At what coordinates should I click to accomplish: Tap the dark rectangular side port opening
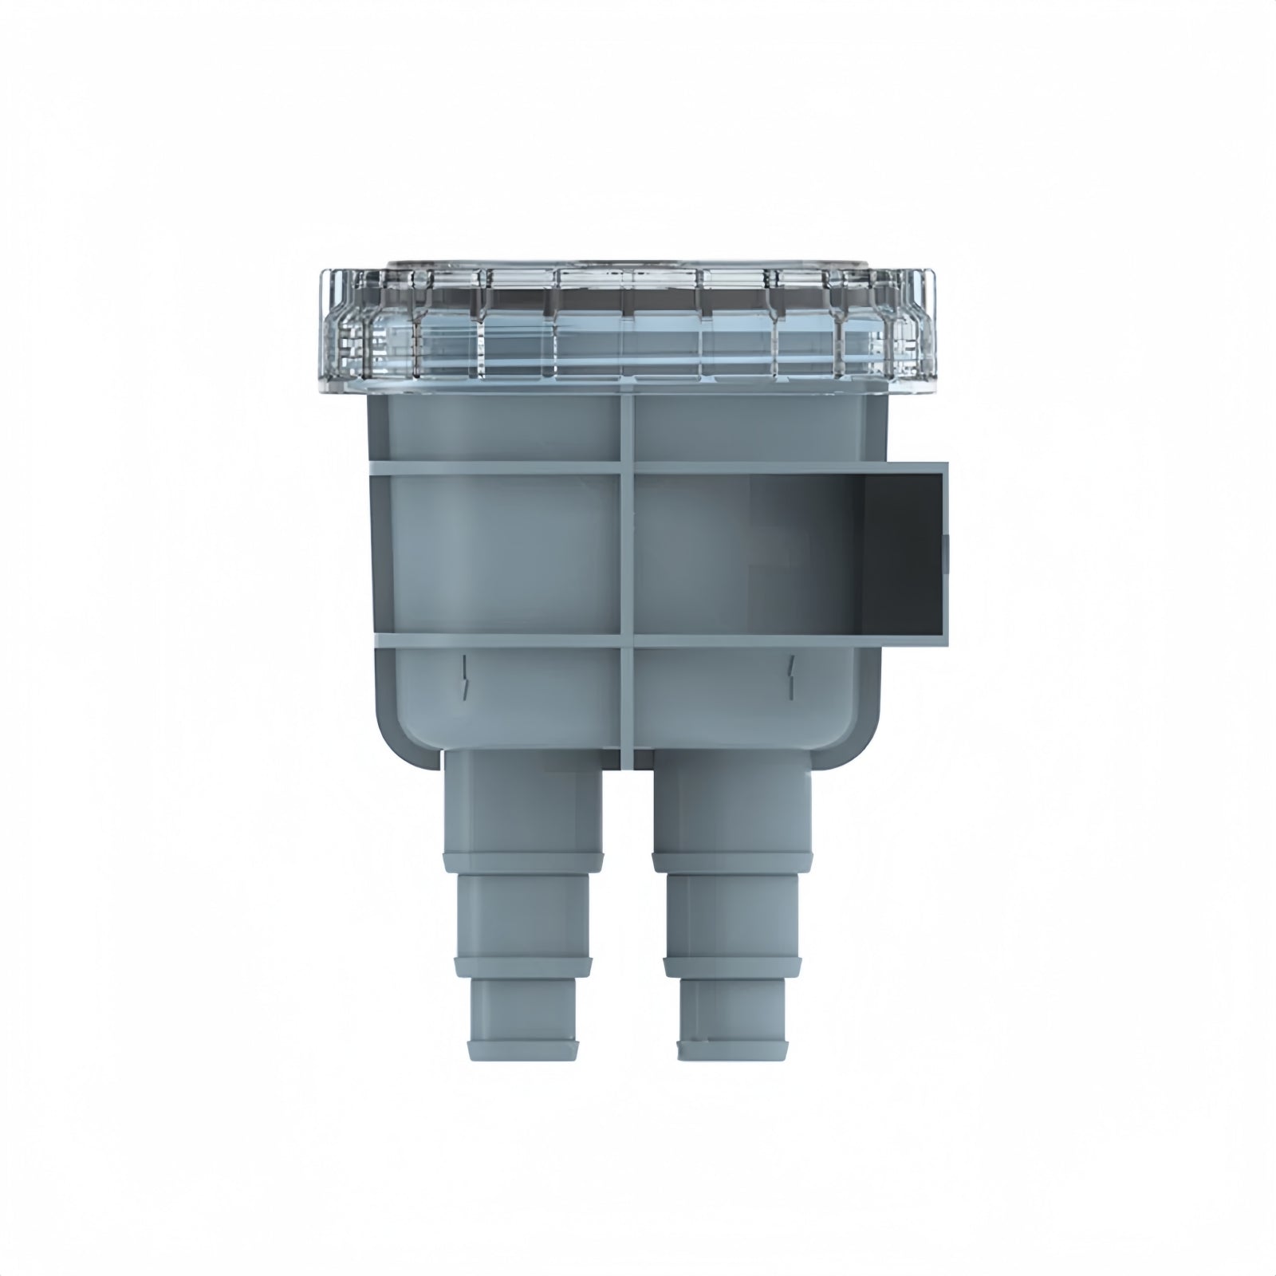[x=905, y=554]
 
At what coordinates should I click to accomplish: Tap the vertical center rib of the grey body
[x=627, y=558]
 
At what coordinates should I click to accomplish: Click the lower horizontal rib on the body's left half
[x=494, y=640]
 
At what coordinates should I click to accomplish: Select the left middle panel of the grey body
[x=494, y=554]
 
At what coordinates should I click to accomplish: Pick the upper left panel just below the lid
[x=494, y=427]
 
